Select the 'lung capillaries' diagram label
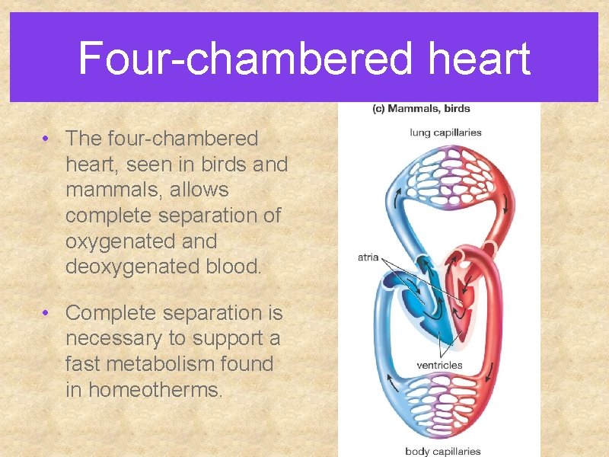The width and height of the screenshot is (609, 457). [445, 133]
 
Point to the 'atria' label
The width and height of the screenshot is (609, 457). [368, 257]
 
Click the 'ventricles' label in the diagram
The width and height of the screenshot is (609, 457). [439, 365]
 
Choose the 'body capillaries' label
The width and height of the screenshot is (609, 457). [444, 451]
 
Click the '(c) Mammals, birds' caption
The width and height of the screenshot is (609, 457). [421, 108]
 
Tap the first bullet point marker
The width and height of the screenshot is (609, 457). [47, 139]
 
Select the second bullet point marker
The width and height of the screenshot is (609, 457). [47, 312]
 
